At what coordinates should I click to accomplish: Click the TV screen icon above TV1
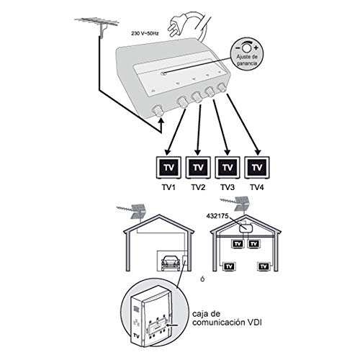[168, 167]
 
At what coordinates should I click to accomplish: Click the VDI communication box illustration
[152, 314]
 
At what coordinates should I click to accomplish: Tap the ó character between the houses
[204, 279]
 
